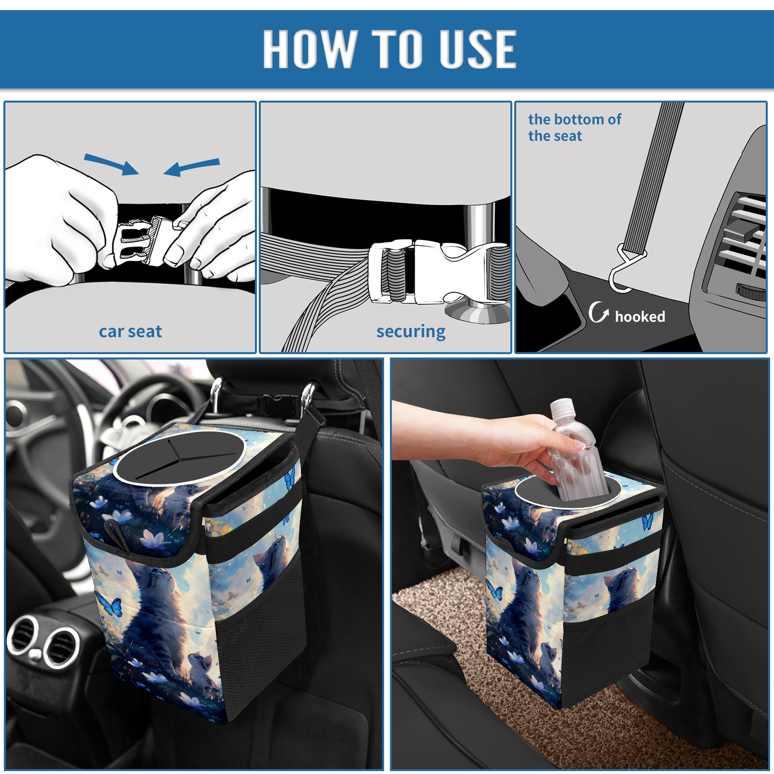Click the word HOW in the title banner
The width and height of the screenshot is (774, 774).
[310, 48]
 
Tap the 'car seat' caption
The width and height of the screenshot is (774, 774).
[130, 331]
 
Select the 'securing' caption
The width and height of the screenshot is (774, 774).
[411, 332]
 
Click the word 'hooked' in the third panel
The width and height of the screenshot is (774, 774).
[640, 316]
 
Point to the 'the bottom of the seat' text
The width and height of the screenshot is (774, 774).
[574, 127]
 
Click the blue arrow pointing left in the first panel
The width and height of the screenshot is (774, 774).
[192, 167]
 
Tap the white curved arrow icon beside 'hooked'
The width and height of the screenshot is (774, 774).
[598, 312]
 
